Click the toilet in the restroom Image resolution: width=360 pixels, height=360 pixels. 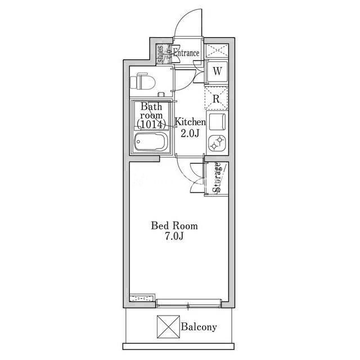(x=142, y=81)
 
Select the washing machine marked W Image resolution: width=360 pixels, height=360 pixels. (x=217, y=71)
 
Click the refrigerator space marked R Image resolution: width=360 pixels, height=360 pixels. (x=216, y=98)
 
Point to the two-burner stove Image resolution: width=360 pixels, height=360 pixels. (x=217, y=143)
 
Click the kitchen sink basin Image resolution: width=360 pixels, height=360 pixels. (x=217, y=121)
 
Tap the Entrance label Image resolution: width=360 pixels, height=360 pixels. (x=186, y=53)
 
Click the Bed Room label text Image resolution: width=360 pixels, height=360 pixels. (x=174, y=226)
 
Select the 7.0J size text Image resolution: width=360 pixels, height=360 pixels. (x=174, y=236)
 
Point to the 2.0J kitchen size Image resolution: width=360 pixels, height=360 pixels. (x=190, y=133)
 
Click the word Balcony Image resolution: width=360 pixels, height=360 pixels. (x=199, y=327)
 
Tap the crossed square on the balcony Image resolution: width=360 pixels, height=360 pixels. (x=168, y=327)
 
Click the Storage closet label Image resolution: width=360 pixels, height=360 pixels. (x=217, y=177)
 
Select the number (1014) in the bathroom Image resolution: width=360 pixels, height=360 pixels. (x=151, y=124)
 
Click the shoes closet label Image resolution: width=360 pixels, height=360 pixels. (x=160, y=54)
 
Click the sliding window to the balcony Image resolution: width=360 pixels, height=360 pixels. (x=188, y=303)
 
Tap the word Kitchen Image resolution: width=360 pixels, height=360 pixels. (x=190, y=121)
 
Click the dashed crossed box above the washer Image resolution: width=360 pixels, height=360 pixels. (x=217, y=51)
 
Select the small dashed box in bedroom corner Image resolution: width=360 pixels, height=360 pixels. (x=142, y=298)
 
